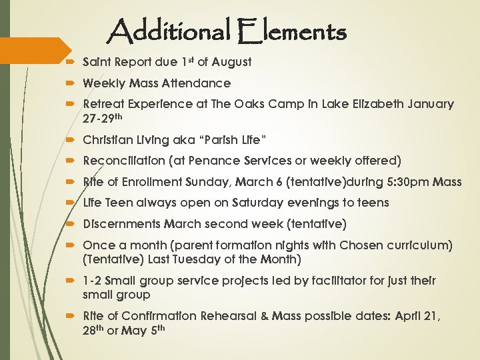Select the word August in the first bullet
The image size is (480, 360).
tap(231, 62)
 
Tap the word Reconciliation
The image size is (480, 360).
tap(124, 161)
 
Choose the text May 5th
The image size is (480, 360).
tap(147, 329)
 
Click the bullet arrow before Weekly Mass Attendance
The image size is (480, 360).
tap(71, 84)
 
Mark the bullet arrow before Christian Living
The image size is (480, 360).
tap(71, 140)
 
